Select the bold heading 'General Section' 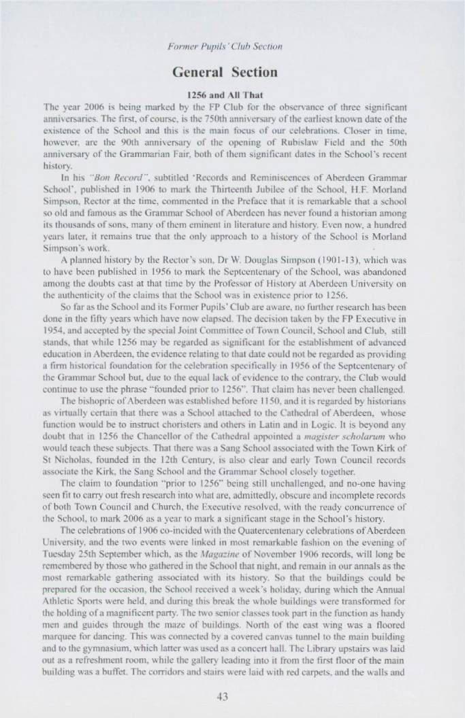click(x=232, y=71)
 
